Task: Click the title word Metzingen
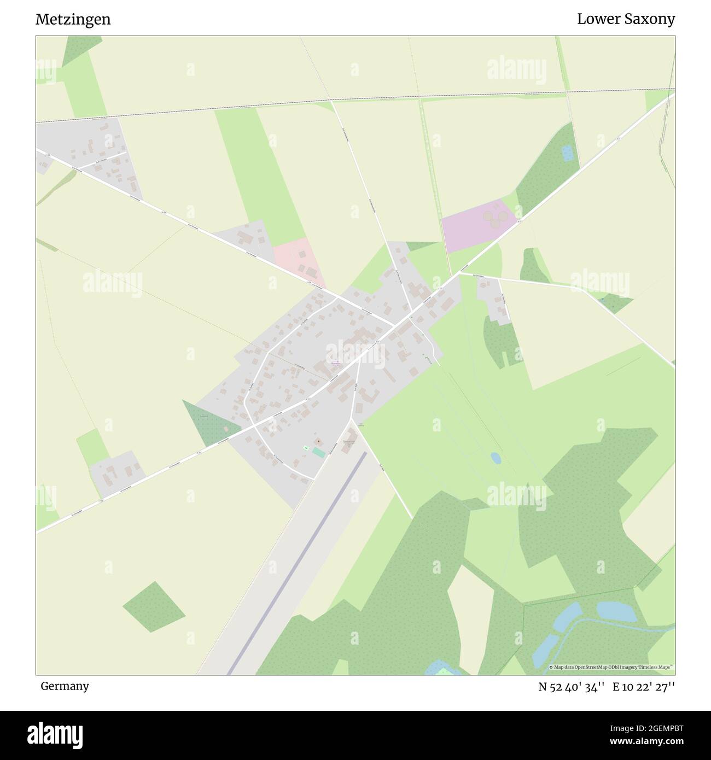73,20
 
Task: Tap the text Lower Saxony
626,20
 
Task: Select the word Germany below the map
65,686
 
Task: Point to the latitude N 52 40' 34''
571,686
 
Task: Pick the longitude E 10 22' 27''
644,686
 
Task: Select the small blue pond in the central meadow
496,457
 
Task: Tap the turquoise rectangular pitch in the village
318,452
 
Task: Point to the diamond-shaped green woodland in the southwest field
154,606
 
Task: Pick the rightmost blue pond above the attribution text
616,611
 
